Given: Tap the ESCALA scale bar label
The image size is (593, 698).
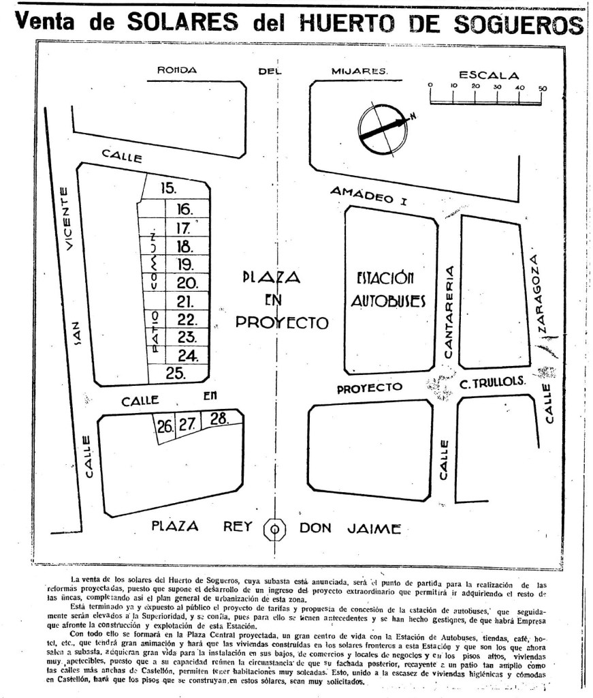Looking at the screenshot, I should click(x=488, y=75).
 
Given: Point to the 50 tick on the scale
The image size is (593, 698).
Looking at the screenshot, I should click(x=543, y=88).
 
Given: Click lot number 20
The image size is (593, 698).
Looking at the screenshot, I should click(x=187, y=283).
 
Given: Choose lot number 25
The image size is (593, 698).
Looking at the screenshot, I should click(x=176, y=372).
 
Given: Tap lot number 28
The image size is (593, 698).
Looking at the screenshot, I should click(x=219, y=419).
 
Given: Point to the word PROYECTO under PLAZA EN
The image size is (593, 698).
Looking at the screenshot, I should click(x=282, y=322).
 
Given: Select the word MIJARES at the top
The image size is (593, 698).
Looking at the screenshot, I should click(x=359, y=70).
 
